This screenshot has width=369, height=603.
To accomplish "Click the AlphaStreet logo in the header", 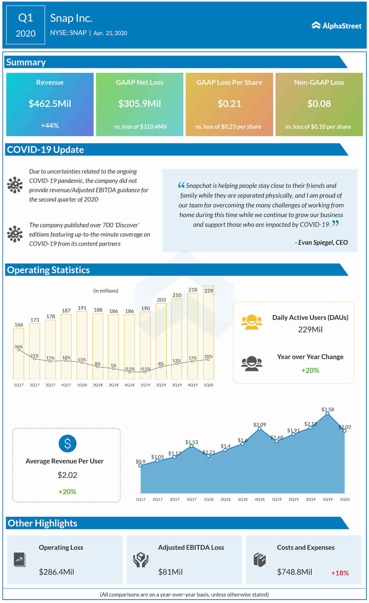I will [336, 26].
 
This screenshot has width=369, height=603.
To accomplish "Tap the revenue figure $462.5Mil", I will [50, 104].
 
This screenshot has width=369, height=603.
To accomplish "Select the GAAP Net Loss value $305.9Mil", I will [140, 104].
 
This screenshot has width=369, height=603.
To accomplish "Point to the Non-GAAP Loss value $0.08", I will [319, 104].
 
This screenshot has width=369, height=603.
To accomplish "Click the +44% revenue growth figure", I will [50, 126].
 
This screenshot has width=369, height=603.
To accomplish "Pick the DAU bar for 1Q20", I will [209, 332].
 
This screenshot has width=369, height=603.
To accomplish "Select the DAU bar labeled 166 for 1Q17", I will [19, 353].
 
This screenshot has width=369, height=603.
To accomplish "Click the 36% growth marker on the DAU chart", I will [19, 350].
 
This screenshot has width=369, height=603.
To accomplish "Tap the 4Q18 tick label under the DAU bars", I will [129, 385].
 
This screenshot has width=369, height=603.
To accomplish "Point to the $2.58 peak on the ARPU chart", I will [327, 413].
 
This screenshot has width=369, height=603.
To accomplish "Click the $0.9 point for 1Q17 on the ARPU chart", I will [140, 465].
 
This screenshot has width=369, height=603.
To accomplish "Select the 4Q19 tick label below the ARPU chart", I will [327, 499].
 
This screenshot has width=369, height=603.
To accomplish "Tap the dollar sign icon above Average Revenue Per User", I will [67, 443].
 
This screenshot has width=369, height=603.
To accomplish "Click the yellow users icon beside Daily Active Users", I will [252, 322].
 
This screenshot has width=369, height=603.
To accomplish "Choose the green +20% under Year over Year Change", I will [310, 370].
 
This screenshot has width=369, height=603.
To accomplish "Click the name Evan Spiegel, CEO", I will [321, 242].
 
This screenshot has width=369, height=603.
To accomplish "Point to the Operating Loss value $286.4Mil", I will [57, 572].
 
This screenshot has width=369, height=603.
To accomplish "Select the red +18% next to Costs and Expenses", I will [340, 573].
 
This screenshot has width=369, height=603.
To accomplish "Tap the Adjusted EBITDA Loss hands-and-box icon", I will [141, 560].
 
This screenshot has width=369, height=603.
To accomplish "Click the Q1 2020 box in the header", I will [26, 25].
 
